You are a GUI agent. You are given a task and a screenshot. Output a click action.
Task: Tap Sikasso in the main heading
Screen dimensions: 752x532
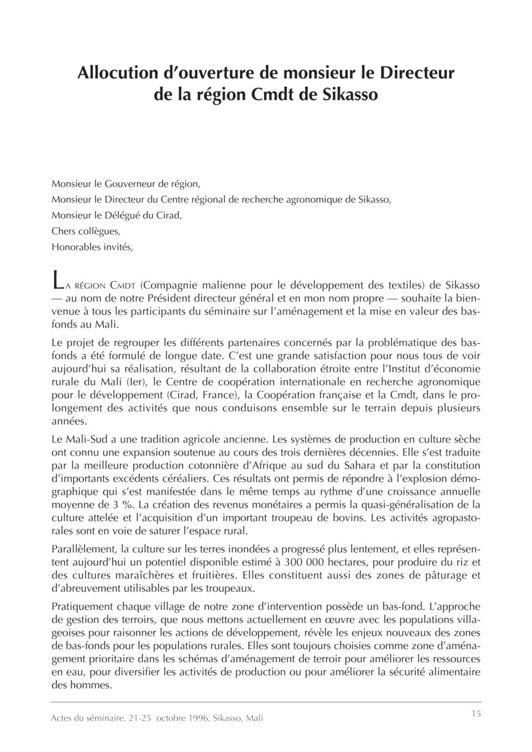(x=346, y=94)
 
